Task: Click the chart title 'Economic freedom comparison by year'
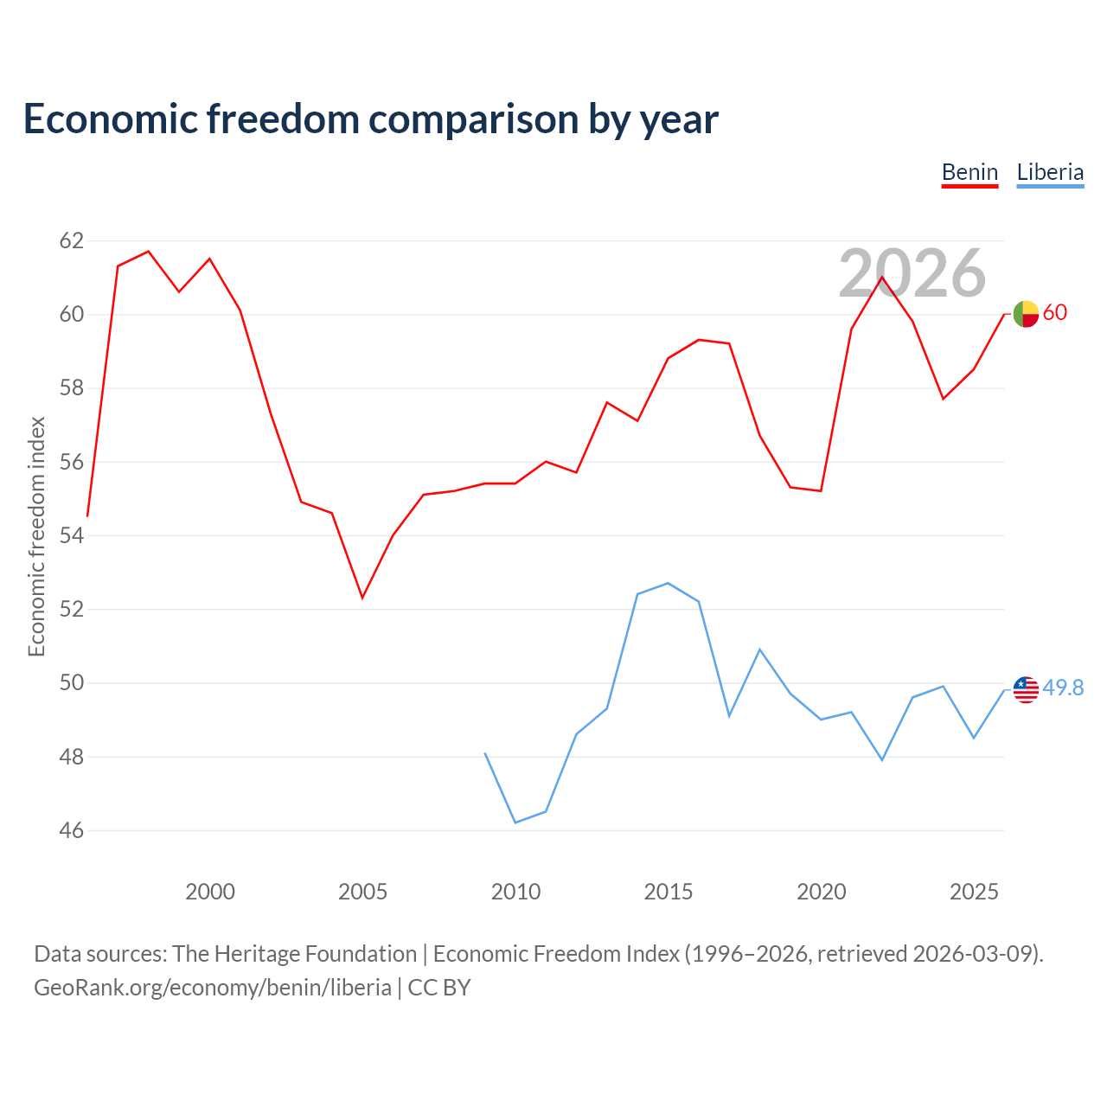370,119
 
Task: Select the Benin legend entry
969,172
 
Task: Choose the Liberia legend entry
1050,172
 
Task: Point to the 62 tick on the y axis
72,240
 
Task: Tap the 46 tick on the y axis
72,830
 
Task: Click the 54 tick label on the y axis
72,535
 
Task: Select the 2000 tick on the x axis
209,892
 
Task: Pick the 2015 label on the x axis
669,892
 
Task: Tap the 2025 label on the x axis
974,892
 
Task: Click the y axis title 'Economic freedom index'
36,536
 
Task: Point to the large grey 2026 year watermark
912,272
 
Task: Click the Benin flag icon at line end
1026,314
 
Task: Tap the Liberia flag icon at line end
1026,689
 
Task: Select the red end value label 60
1055,312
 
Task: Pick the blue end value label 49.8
1063,688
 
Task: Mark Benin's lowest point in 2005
362,598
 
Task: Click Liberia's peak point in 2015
669,583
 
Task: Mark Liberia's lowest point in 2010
515,822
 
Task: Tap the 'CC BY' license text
438,988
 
